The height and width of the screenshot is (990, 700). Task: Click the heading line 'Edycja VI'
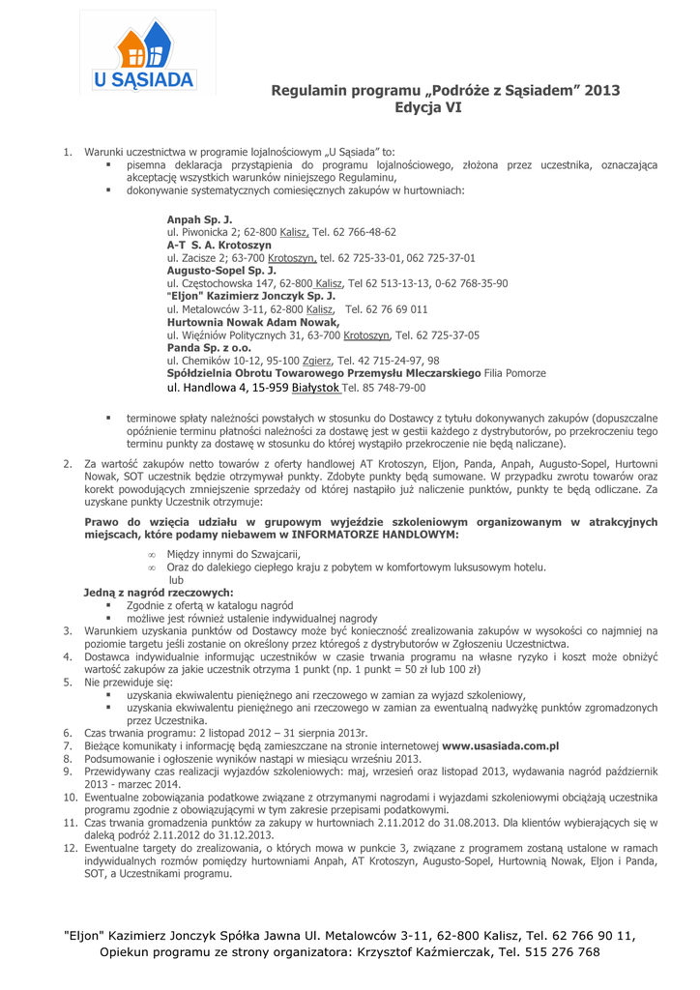pyautogui.click(x=428, y=108)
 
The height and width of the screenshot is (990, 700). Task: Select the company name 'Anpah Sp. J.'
pyautogui.click(x=199, y=219)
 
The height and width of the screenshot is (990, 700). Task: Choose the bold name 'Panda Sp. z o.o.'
pyautogui.click(x=209, y=347)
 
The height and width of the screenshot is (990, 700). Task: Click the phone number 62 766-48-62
pyautogui.click(x=363, y=233)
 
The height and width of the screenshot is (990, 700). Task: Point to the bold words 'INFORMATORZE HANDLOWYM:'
pyautogui.click(x=376, y=534)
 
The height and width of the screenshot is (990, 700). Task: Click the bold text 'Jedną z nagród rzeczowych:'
pyautogui.click(x=158, y=592)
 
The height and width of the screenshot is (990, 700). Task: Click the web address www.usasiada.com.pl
pyautogui.click(x=501, y=746)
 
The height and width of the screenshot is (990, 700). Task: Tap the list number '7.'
pyautogui.click(x=69, y=746)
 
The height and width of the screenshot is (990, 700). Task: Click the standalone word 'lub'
pyautogui.click(x=175, y=580)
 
